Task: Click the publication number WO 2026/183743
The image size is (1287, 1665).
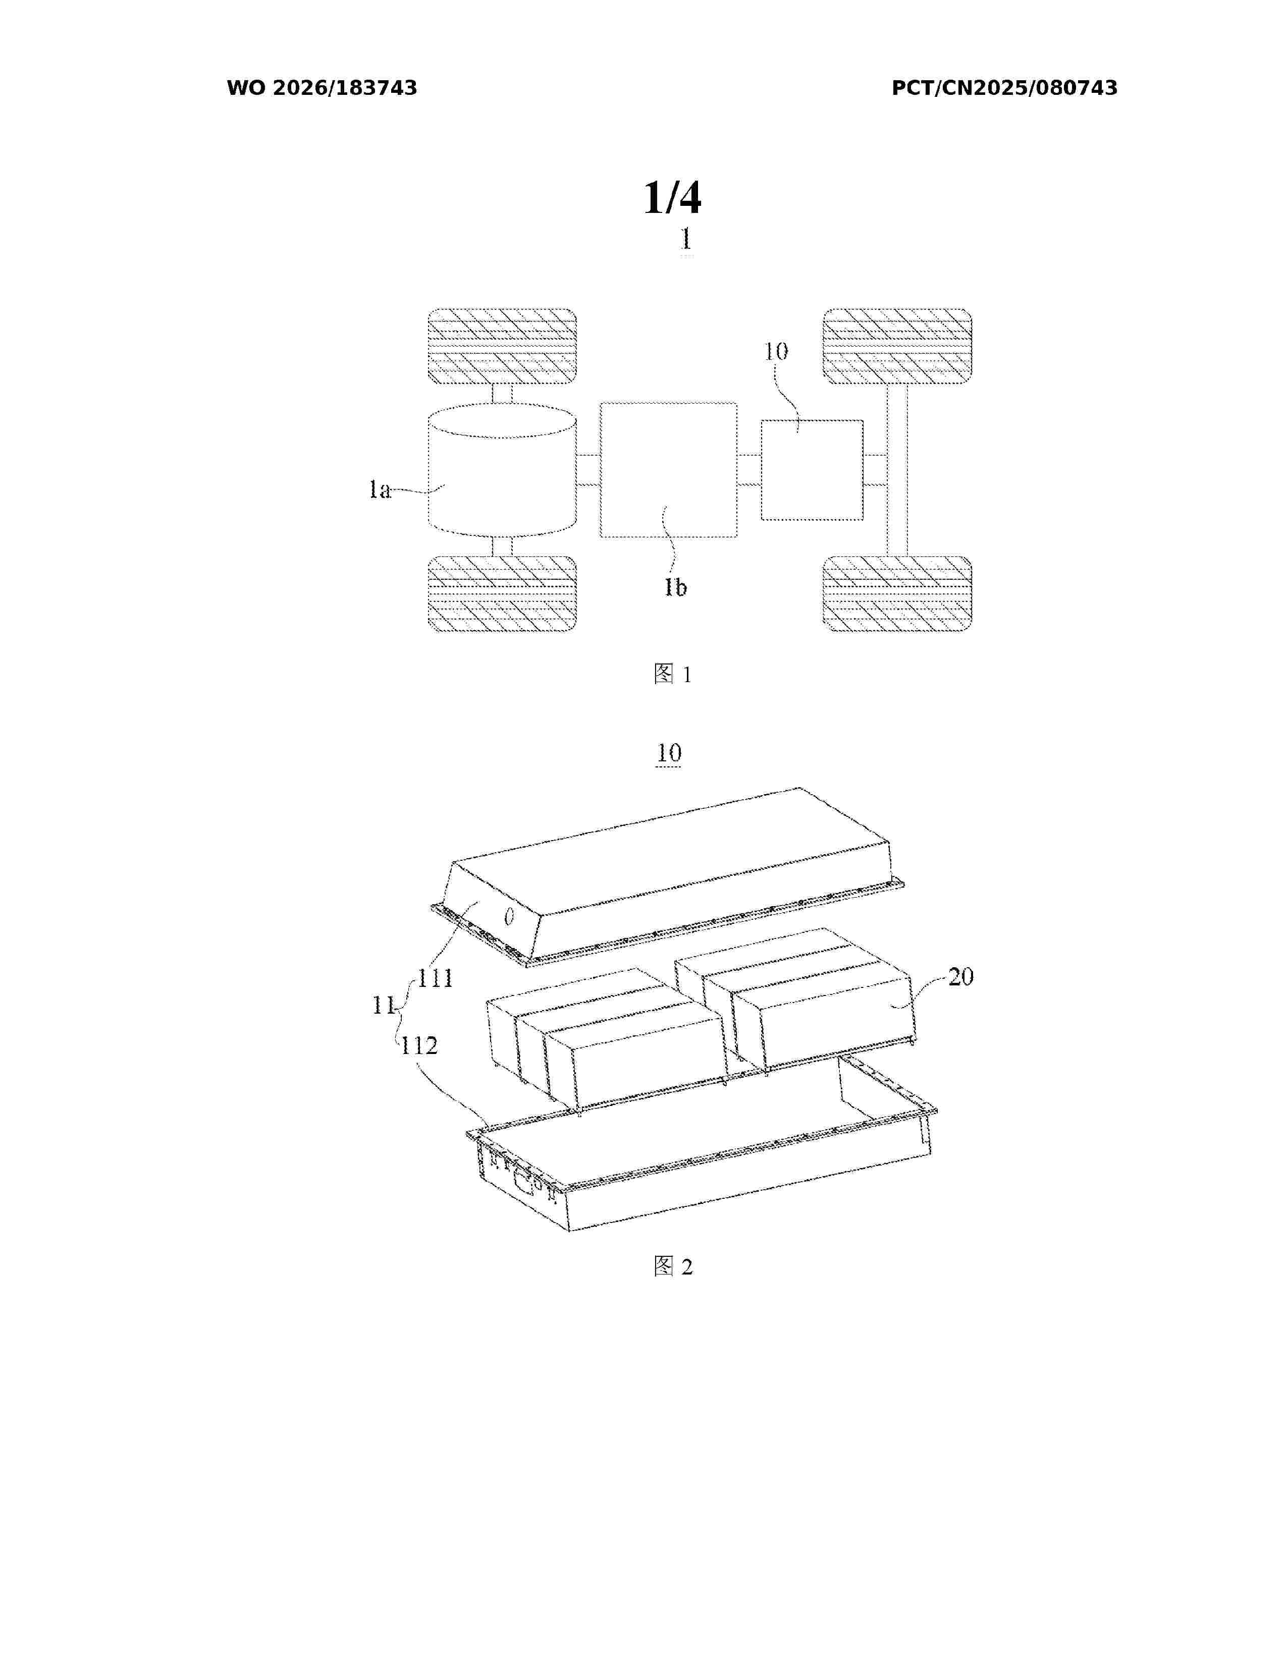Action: coord(322,88)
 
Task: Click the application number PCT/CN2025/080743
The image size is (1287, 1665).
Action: coord(1004,88)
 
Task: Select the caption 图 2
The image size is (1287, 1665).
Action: coord(672,1266)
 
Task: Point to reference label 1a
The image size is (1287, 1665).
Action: coord(380,489)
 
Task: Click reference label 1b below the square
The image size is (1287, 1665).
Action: coord(675,587)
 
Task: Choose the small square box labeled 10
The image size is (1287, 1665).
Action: coord(812,470)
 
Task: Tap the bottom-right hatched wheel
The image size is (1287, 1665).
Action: coord(897,594)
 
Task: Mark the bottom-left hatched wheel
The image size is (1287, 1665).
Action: coord(502,594)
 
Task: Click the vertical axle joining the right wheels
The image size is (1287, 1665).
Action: coord(897,470)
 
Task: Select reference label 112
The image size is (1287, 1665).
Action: coord(419,1045)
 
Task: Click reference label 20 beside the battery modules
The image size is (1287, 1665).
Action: coord(960,977)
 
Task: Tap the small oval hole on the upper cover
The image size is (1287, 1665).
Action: coord(509,918)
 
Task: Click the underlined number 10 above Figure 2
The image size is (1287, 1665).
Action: coord(669,753)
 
